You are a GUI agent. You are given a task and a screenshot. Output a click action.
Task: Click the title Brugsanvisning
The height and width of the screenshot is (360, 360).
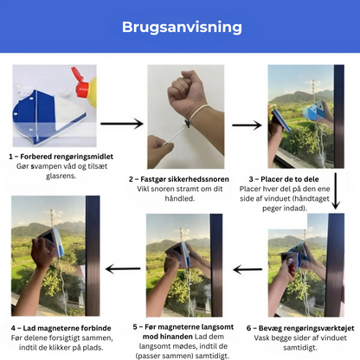click(180, 27)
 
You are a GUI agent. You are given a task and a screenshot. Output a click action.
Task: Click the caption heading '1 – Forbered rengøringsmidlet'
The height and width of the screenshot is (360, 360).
click(62, 156)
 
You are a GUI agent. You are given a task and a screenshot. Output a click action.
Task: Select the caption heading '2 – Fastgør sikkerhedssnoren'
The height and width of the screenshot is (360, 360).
click(179, 178)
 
